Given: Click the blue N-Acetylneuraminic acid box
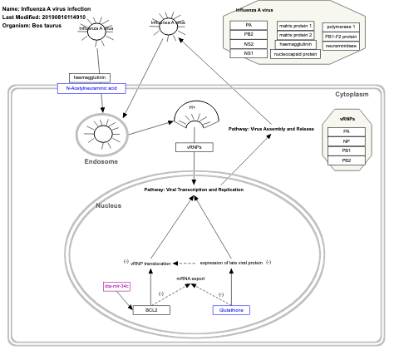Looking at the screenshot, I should [91, 87].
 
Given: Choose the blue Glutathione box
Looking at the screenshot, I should [231, 309].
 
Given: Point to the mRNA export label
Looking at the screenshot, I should [190, 279].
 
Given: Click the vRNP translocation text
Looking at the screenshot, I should [150, 262].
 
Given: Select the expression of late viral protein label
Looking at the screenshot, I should [231, 262].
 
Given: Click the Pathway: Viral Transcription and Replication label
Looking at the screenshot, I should [194, 190].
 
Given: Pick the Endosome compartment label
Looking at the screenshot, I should [101, 161].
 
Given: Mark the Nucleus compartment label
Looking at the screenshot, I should [109, 205].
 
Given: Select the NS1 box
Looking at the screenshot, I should [249, 53].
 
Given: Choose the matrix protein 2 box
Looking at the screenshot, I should [296, 35].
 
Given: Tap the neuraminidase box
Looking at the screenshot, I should [342, 46].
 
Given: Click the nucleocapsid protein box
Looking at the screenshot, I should [296, 54].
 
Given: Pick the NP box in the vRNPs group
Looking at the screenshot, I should [346, 141].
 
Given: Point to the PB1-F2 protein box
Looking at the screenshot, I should [342, 37].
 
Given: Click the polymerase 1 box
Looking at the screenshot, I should [342, 27].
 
